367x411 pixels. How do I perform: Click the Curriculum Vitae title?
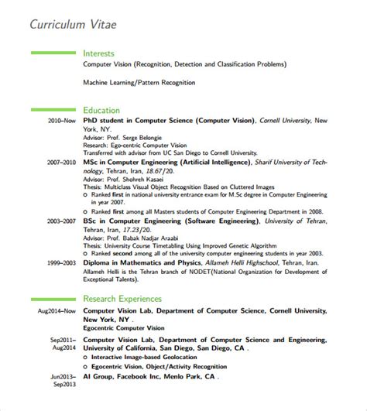pyautogui.click(x=74, y=24)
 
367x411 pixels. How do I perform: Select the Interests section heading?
pyautogui.click(x=98, y=53)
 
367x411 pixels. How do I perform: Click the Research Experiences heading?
pyautogui.click(x=122, y=298)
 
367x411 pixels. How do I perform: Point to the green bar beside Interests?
pyautogui.click(x=53, y=53)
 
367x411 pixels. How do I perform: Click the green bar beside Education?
pyautogui.click(x=53, y=111)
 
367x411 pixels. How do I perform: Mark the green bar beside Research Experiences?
pyautogui.click(x=53, y=298)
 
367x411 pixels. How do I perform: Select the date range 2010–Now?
pyautogui.click(x=62, y=122)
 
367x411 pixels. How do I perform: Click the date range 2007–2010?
pyautogui.click(x=62, y=163)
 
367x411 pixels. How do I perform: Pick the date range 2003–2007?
pyautogui.click(x=62, y=221)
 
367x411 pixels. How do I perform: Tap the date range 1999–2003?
pyautogui.click(x=62, y=262)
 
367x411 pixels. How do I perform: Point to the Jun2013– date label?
pyautogui.click(x=64, y=377)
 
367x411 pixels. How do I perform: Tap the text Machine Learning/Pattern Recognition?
pyautogui.click(x=139, y=82)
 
